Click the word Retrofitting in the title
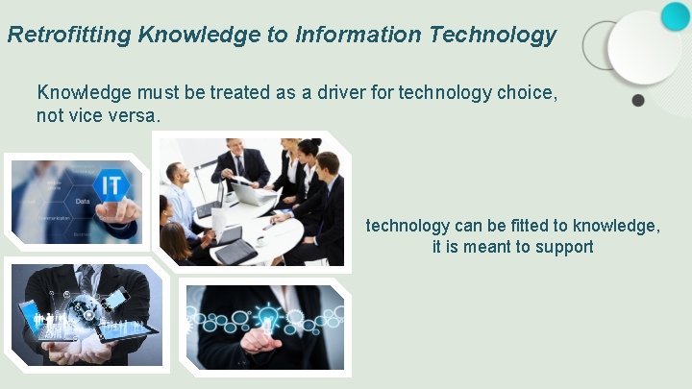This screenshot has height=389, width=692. click(68, 36)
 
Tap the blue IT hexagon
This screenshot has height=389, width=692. click(111, 183)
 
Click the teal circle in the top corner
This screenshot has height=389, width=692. click(676, 15)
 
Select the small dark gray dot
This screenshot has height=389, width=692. click(637, 100)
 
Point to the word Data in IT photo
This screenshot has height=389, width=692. click(83, 202)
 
